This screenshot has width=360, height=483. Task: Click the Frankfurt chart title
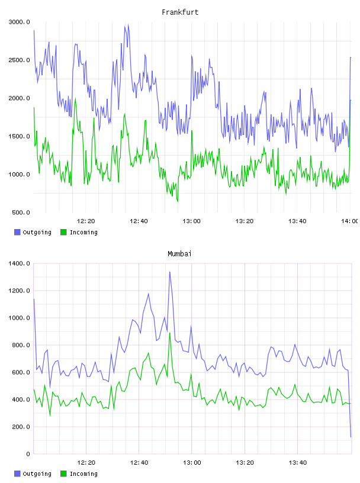[x=180, y=12]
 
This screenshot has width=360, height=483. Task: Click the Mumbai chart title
[x=179, y=254]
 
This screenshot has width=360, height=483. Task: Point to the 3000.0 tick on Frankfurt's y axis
[x=20, y=22]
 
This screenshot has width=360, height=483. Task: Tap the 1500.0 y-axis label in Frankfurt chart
[x=20, y=137]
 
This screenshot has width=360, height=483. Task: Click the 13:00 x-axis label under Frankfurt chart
[x=191, y=221]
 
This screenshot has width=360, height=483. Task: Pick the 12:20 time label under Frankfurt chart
[x=86, y=221]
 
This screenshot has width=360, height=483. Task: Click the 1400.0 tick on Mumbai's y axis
[x=20, y=263]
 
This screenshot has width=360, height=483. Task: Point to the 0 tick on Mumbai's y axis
[x=28, y=454]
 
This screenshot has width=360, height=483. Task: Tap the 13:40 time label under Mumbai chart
[x=298, y=463]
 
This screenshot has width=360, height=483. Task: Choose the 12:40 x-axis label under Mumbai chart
[x=139, y=463]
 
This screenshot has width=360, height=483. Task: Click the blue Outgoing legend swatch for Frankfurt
[x=17, y=232]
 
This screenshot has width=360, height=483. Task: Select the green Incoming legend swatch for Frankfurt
[x=63, y=232]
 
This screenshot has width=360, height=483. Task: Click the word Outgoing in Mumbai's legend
[x=37, y=474]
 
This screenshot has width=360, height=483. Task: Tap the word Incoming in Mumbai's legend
[x=83, y=474]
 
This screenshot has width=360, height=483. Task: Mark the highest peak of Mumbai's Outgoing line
[x=170, y=272]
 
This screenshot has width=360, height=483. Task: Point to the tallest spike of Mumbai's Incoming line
[x=170, y=333]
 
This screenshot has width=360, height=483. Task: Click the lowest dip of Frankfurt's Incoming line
[x=178, y=202]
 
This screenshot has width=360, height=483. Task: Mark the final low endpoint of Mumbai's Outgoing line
[x=351, y=437]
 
